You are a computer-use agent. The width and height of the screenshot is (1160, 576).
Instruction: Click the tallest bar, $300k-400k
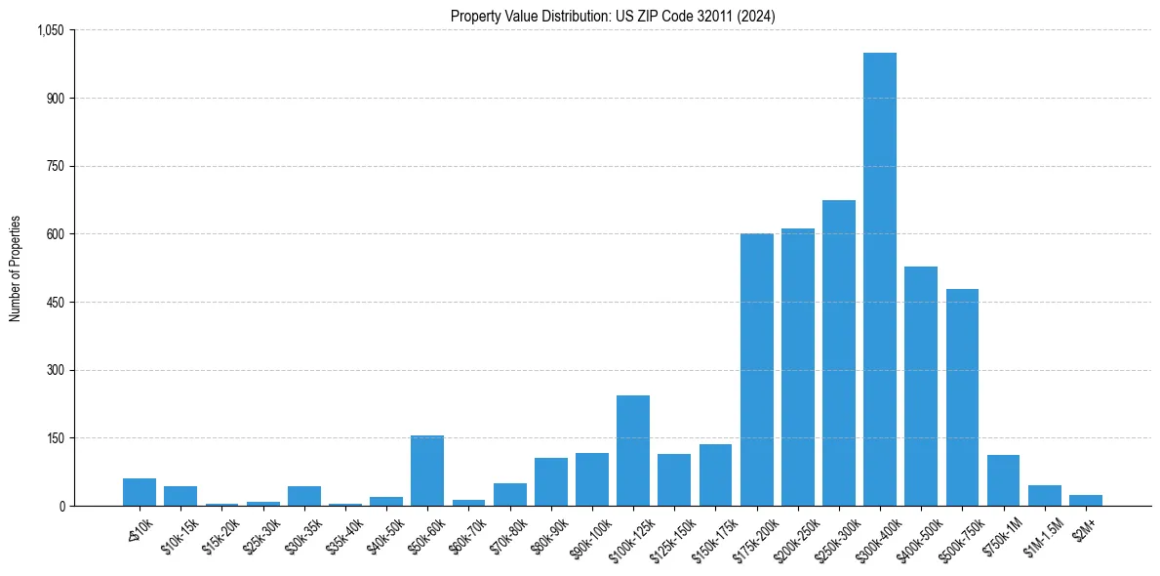880,279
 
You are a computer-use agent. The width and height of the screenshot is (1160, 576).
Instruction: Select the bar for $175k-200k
756,370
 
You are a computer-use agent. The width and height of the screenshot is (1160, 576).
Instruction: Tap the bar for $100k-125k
633,451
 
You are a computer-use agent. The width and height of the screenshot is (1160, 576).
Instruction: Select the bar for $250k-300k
839,353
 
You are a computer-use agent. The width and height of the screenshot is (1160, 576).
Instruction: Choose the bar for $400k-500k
921,387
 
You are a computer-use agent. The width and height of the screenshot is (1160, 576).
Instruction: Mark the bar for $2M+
1086,501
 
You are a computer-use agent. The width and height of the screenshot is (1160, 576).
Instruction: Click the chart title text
613,16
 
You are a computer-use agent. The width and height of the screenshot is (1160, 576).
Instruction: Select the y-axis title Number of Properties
16,267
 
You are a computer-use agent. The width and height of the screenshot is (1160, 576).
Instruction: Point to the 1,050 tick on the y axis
50,30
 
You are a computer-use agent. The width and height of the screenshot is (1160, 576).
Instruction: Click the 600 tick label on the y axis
55,234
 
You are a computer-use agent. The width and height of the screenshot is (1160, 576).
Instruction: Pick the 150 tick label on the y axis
55,438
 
